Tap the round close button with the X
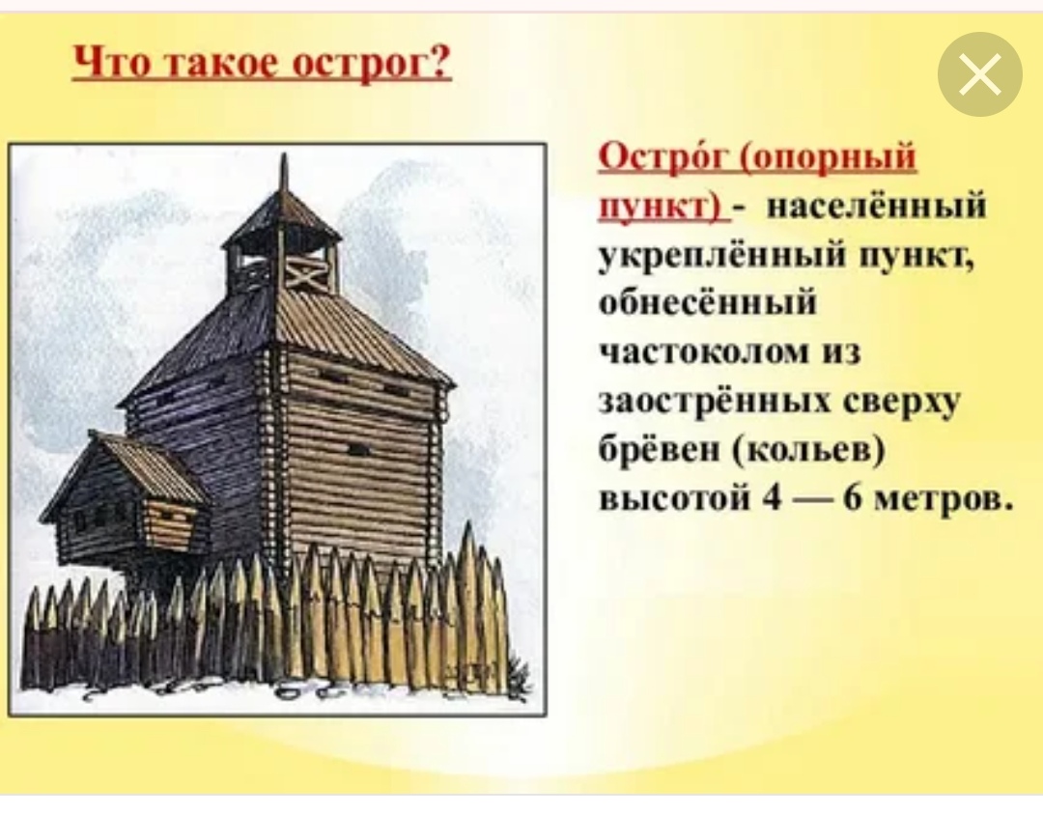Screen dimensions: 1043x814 [x=980, y=74]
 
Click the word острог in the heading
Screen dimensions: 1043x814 [x=371, y=65]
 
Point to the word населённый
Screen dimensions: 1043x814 [x=876, y=206]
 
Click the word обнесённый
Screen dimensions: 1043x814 [x=707, y=302]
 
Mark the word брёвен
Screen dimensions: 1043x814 [x=661, y=450]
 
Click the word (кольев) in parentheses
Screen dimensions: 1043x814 [x=809, y=452]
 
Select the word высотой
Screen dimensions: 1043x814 [x=676, y=499]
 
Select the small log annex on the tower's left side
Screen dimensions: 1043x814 [x=123, y=495]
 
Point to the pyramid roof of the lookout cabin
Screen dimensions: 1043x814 [x=282, y=216]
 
